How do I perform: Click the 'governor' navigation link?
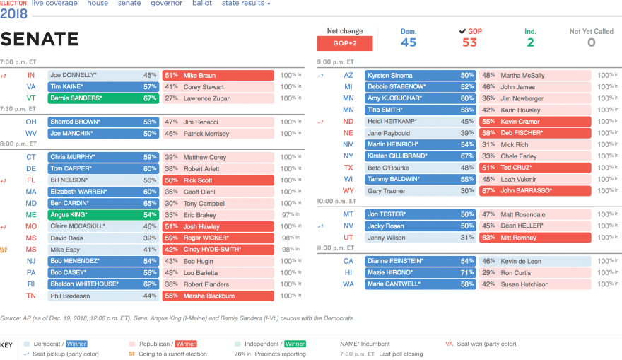point(166,4)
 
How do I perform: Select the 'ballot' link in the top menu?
point(202,4)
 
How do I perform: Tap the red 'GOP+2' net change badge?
point(345,43)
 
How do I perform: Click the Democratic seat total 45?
point(409,42)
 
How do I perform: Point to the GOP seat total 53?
point(470,42)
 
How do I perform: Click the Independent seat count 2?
point(530,42)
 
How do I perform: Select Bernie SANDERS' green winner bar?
point(103,98)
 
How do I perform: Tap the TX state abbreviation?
point(348,168)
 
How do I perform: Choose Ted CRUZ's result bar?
point(535,168)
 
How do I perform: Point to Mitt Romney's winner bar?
point(535,238)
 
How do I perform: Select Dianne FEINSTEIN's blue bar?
point(420,261)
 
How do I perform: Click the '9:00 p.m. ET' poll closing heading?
point(336,62)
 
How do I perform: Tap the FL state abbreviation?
point(31,180)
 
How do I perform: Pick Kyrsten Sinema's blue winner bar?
point(420,75)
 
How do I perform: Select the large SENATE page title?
point(40,40)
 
